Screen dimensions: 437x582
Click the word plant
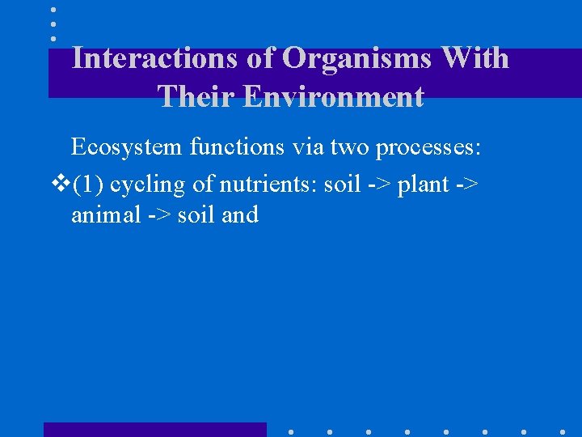421,185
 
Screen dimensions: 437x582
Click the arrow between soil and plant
379,185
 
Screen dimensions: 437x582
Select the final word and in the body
239,214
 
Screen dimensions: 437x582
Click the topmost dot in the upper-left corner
53,10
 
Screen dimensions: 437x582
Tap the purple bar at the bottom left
154,430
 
